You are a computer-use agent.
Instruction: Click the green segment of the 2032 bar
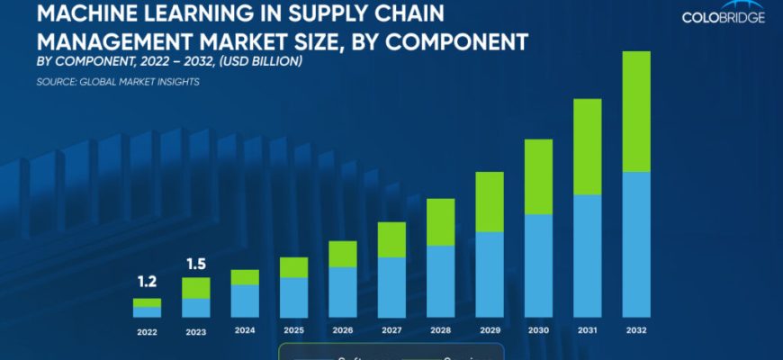[636, 112]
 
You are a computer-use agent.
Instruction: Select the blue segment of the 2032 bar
[636, 244]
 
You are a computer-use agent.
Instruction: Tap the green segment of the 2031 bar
[588, 147]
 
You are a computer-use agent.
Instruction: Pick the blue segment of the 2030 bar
[538, 265]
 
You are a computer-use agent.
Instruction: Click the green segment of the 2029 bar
[490, 202]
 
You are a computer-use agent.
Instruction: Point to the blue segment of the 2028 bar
[440, 281]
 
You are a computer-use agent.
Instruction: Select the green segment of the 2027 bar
[391, 239]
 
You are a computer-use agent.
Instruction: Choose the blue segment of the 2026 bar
[343, 292]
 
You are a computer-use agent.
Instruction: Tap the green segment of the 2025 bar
[293, 267]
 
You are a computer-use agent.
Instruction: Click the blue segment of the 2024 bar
[245, 301]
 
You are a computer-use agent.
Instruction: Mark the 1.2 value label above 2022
[147, 282]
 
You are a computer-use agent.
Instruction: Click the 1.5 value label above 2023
[195, 264]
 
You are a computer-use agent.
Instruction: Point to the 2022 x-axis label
[147, 330]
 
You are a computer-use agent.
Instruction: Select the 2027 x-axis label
[391, 330]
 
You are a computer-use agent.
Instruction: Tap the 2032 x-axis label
[636, 330]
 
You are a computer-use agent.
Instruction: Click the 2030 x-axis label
[538, 330]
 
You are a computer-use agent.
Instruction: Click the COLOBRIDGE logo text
[724, 17]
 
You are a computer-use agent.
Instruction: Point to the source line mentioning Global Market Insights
[118, 82]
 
